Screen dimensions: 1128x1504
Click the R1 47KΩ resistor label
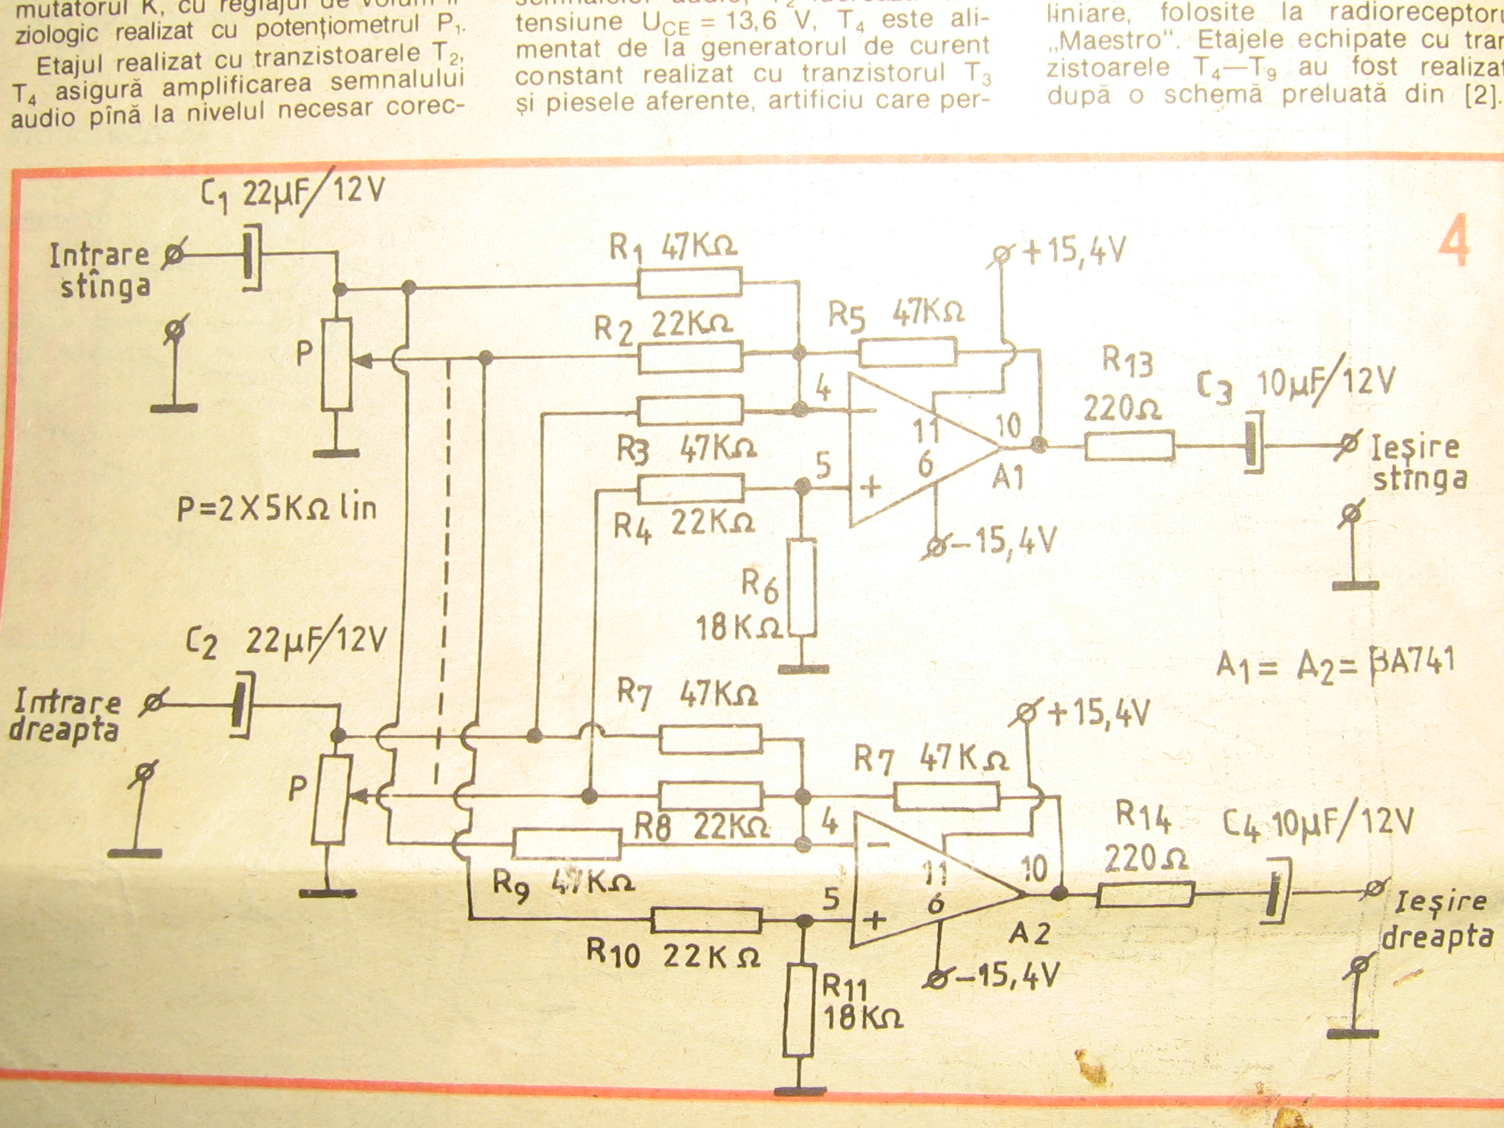(x=673, y=248)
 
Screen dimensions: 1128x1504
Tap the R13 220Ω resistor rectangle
(x=1129, y=446)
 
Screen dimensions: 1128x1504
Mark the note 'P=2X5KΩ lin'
(x=277, y=507)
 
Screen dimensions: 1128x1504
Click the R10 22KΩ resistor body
(x=706, y=919)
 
